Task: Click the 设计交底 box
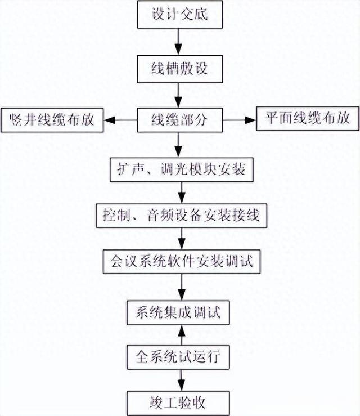(x=179, y=15)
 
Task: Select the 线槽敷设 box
(x=179, y=70)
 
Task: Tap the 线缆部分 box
(x=179, y=119)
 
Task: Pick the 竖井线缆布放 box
(x=53, y=119)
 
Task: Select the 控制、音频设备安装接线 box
(x=179, y=214)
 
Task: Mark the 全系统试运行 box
(x=179, y=356)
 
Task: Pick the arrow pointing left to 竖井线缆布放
(x=121, y=119)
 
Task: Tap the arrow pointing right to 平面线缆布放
(x=240, y=119)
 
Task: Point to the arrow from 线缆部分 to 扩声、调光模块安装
(x=179, y=144)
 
